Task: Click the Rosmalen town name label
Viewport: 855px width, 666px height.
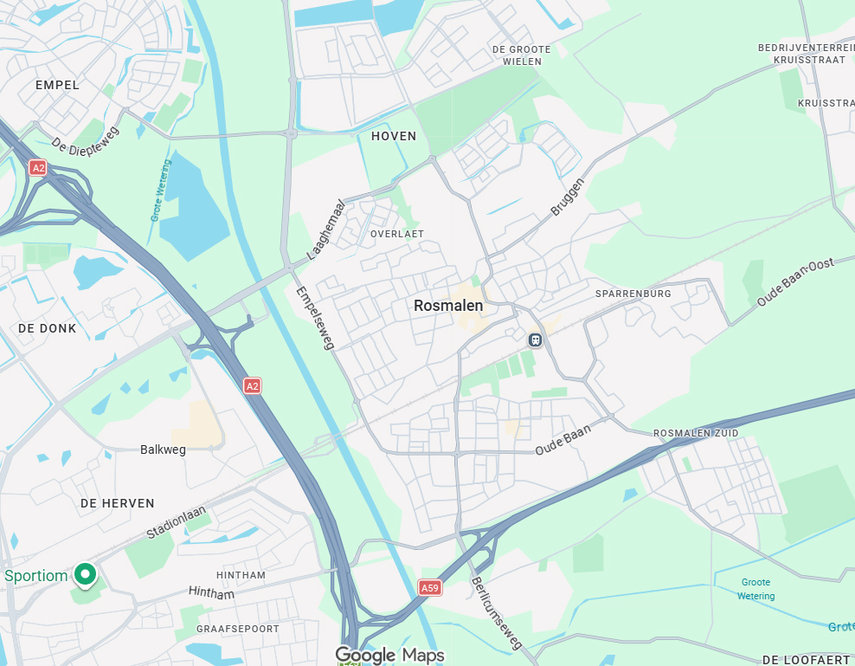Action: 448,306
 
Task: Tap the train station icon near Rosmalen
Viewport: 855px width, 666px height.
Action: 535,339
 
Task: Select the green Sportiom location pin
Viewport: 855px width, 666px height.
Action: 85,572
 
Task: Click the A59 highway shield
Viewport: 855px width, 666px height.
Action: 429,587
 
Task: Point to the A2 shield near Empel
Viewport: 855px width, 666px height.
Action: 37,167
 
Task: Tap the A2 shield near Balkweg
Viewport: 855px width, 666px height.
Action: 252,385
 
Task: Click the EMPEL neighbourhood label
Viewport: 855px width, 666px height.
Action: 57,85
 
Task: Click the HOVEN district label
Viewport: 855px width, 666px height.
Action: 394,136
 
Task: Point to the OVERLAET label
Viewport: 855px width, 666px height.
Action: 397,234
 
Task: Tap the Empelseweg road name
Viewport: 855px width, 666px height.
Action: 314,318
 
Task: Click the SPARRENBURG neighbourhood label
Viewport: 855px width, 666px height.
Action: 633,294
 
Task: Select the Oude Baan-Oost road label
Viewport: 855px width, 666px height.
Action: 795,281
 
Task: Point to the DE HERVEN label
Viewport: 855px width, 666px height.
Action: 117,503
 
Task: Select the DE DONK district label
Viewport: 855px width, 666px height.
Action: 47,328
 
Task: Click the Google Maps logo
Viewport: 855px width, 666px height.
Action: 389,655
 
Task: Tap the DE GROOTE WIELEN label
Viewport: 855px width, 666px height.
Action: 522,55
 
